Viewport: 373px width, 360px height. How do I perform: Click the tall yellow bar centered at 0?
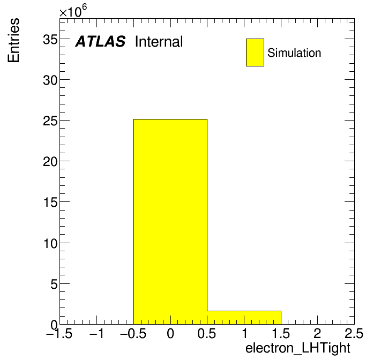click(170, 222)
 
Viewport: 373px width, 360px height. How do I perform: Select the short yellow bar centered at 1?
click(244, 318)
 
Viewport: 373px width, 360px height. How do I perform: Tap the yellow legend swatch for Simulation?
click(255, 52)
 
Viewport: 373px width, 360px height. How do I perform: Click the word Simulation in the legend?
click(294, 52)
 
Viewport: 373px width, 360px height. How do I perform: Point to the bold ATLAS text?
click(100, 41)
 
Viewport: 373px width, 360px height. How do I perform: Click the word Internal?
click(159, 41)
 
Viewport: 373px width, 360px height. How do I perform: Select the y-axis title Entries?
click(13, 40)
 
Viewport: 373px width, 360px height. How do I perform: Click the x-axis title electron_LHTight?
click(298, 349)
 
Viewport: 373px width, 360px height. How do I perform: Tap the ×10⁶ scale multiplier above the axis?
click(73, 11)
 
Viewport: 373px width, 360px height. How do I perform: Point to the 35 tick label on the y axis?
click(50, 39)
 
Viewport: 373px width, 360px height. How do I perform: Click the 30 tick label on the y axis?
click(50, 80)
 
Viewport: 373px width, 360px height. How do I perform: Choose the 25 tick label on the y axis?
click(50, 121)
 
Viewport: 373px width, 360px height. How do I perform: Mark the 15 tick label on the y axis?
click(50, 202)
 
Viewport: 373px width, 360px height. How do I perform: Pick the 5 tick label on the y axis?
click(54, 284)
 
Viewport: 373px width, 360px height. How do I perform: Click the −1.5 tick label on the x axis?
click(59, 333)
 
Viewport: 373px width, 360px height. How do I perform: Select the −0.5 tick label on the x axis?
click(133, 333)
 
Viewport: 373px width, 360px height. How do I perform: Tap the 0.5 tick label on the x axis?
click(207, 333)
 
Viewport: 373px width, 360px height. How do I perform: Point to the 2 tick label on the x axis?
click(317, 333)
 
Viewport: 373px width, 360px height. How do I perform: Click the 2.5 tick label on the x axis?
click(354, 333)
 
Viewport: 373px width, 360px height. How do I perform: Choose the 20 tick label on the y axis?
click(50, 162)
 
